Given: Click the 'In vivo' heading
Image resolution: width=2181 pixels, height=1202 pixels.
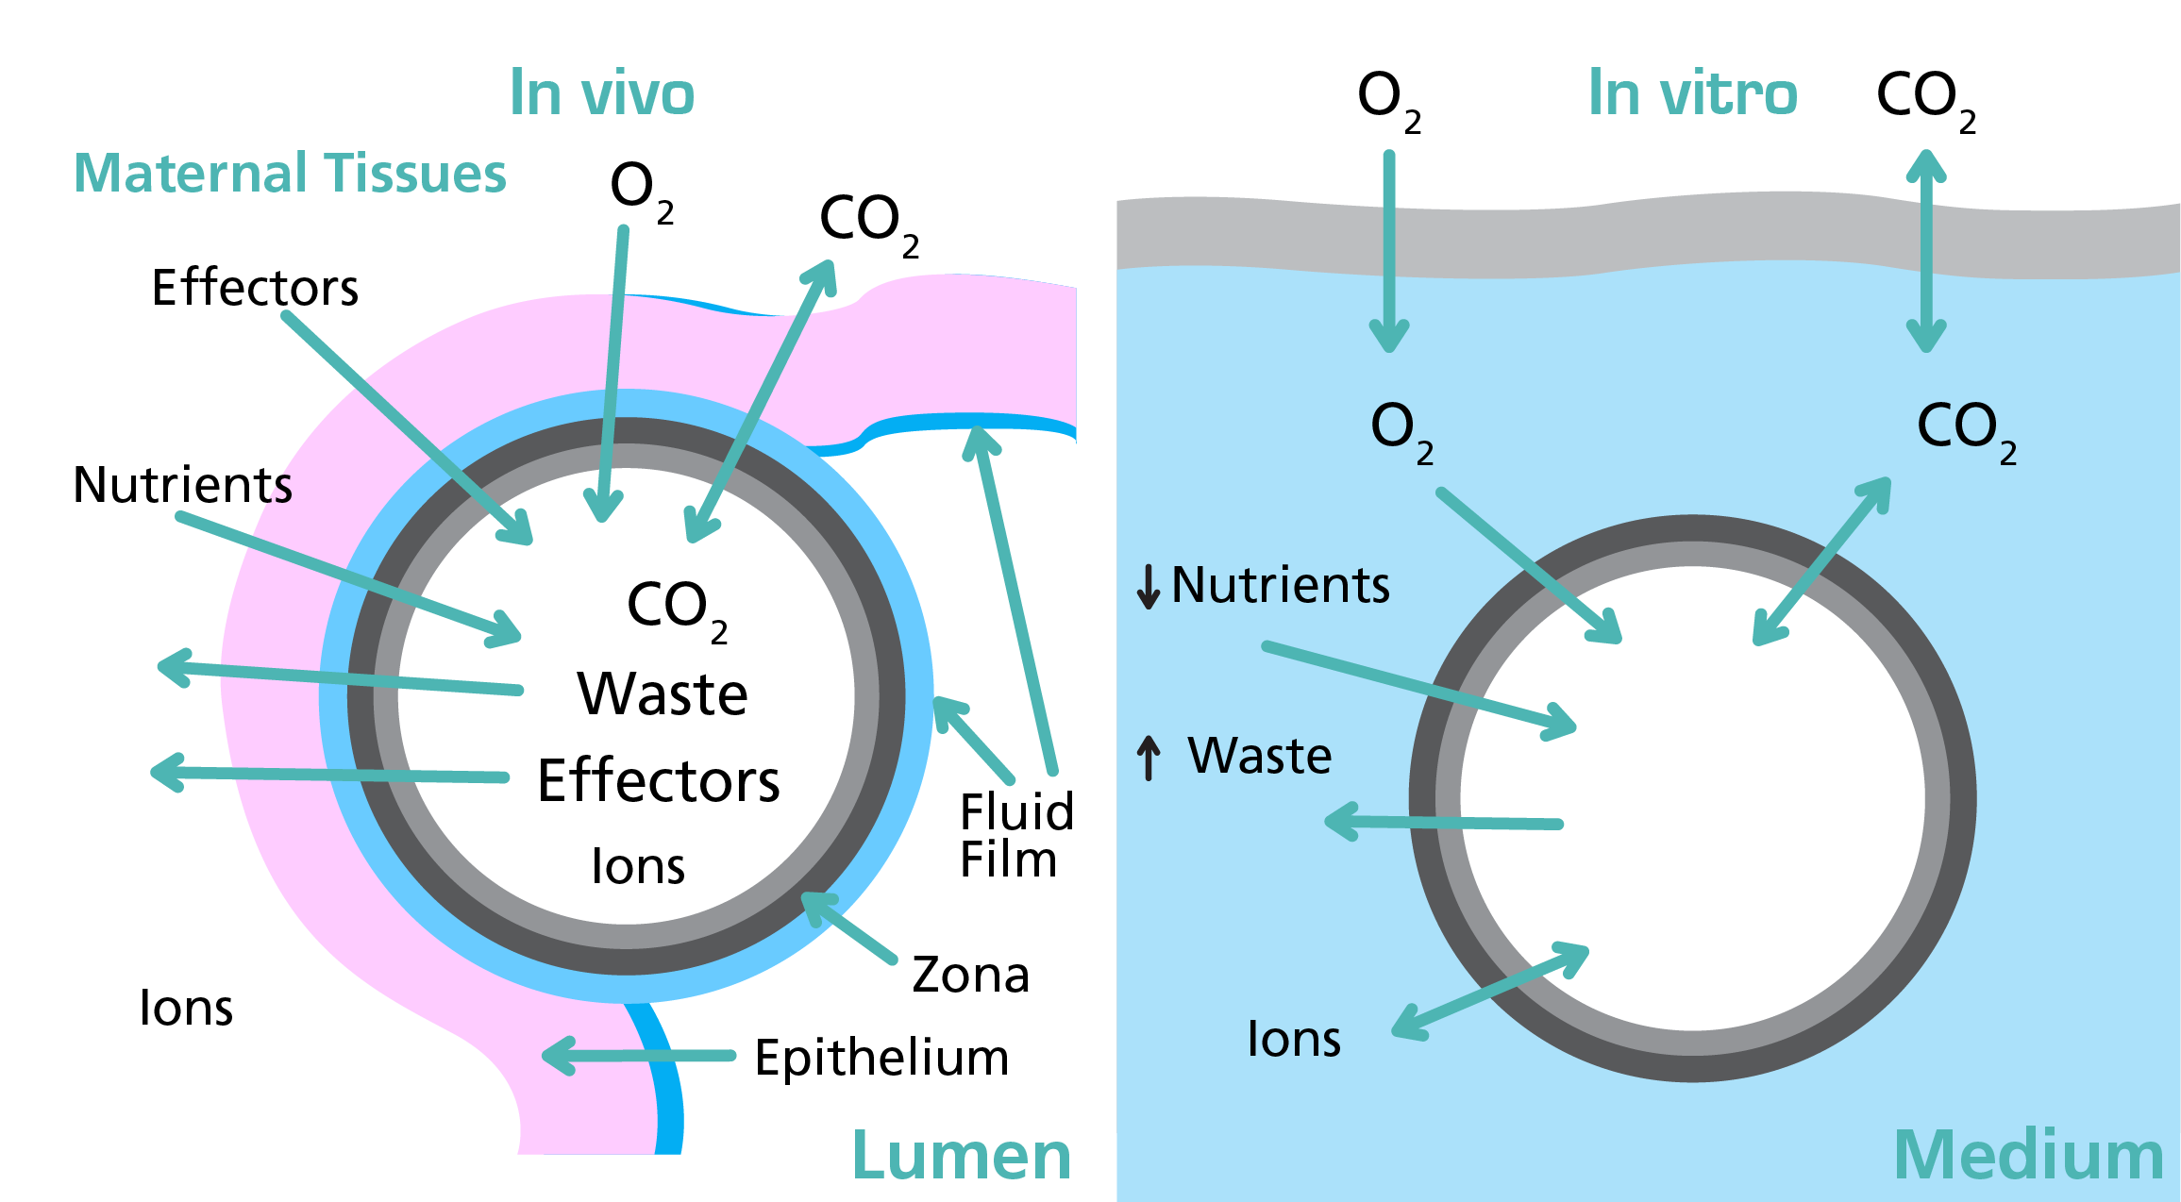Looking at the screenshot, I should pos(602,93).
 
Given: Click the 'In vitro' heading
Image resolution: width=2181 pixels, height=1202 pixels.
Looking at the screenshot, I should pos(1692,93).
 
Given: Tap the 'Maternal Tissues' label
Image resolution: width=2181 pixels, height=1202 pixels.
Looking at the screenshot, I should pos(291,174).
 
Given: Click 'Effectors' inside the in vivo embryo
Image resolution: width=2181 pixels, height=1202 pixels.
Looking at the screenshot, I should pos(659,781).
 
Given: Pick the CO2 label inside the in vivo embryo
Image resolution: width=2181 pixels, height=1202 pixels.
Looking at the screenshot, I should pos(676,609).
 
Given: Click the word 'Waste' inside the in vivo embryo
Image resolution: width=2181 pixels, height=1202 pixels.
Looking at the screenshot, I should pos(663,694).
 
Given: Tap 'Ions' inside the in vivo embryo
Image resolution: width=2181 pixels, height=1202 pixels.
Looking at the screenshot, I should pos(638,866).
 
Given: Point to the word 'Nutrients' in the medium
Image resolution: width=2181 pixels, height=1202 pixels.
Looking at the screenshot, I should pos(1281,585).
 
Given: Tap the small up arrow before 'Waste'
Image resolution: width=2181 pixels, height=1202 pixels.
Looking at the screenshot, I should pos(1149,758).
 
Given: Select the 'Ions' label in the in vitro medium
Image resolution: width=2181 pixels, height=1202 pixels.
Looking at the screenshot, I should pos(1294,1039).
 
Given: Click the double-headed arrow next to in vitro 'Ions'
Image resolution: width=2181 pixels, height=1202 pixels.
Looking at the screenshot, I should pos(1491,992).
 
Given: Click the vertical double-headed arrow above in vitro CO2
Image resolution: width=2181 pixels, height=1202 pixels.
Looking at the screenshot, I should pos(1926,251).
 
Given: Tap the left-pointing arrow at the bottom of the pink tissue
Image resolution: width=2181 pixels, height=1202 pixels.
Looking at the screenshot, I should pos(639,1056).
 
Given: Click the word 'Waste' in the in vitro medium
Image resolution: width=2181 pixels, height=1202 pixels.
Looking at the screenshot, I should pos(1260,756).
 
